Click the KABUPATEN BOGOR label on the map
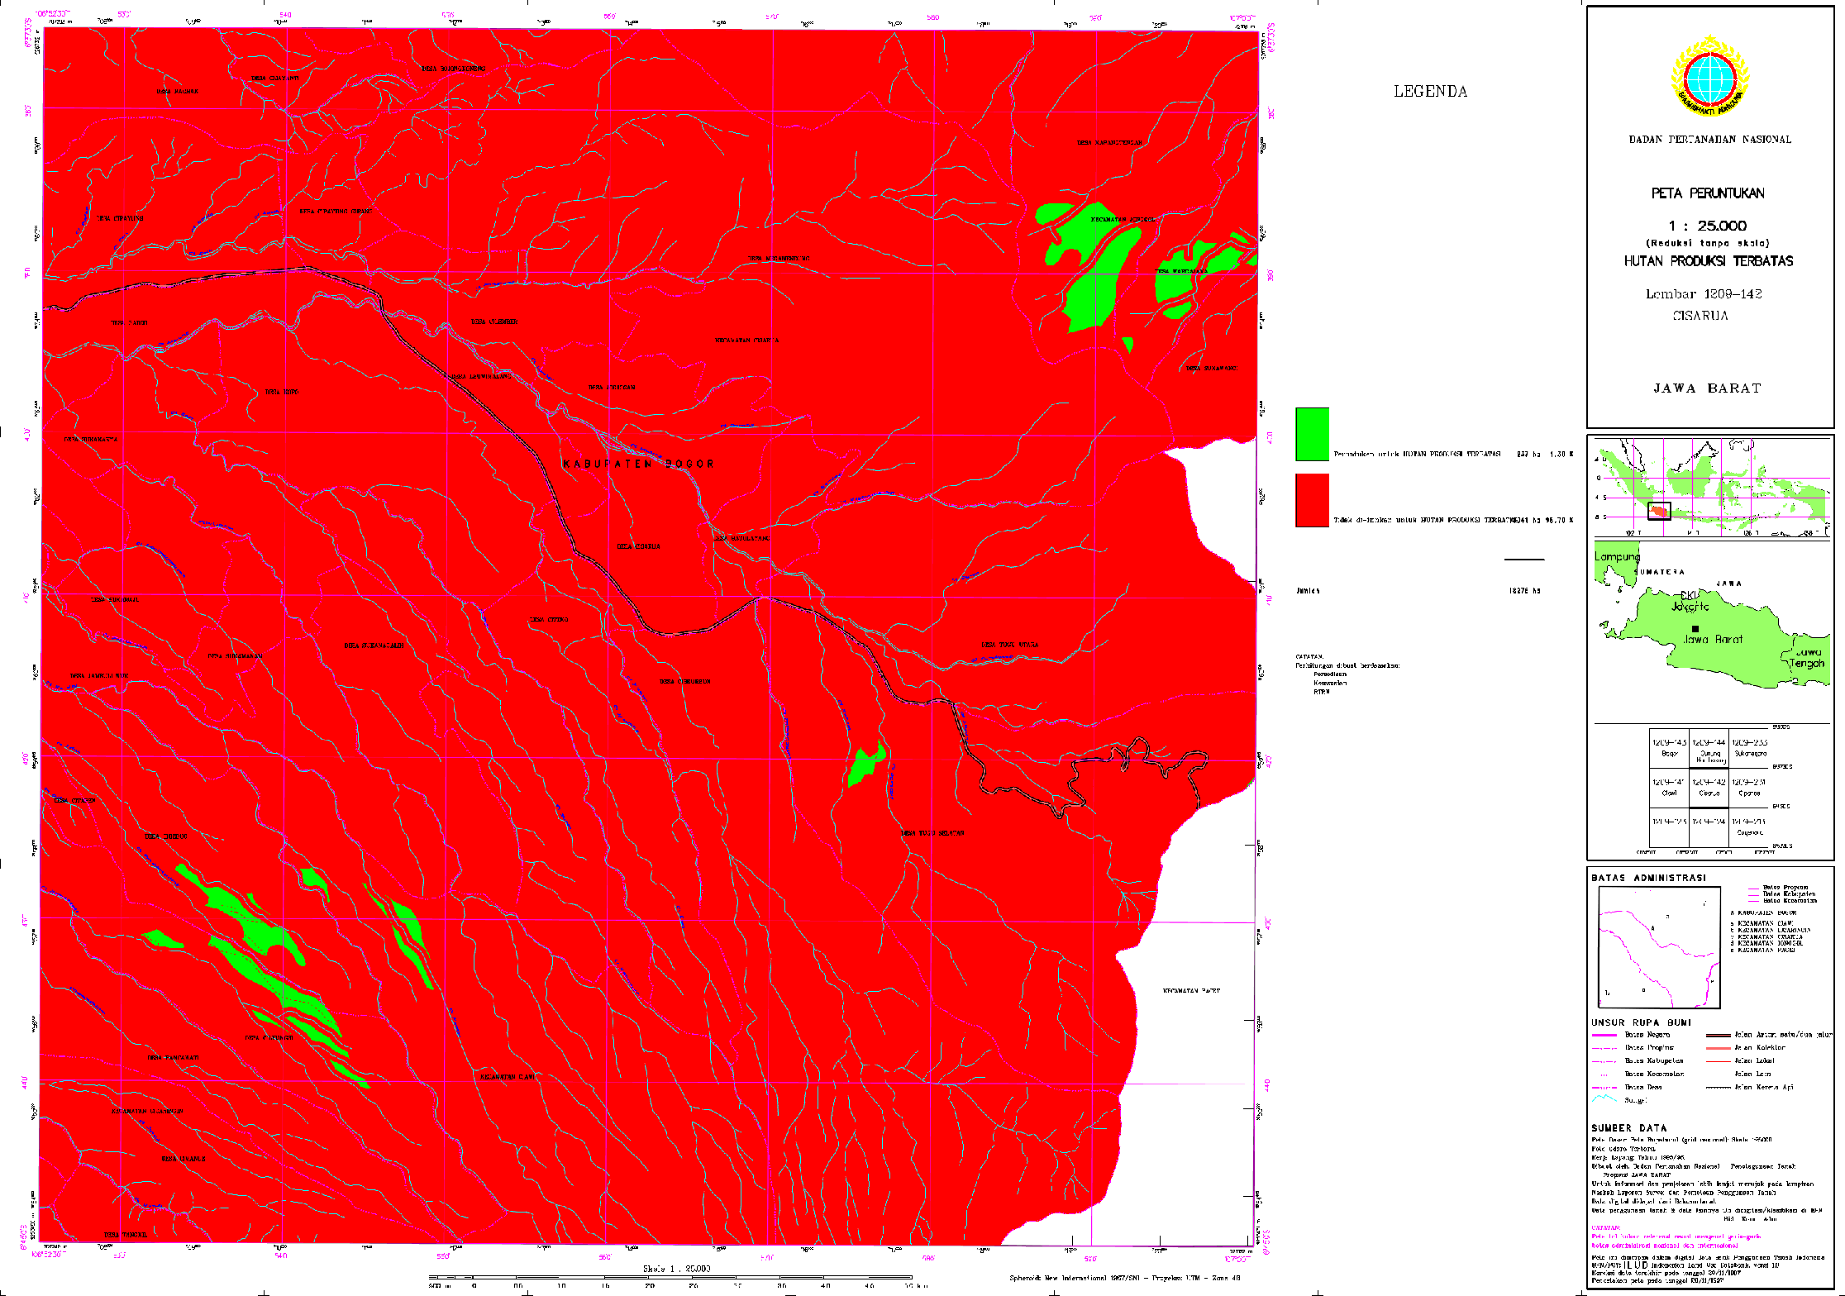pyautogui.click(x=638, y=465)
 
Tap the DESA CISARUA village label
pyautogui.click(x=639, y=546)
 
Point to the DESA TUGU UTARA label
pyautogui.click(x=1009, y=645)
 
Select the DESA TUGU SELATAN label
pyautogui.click(x=932, y=833)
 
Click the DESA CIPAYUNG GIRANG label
pyautogui.click(x=335, y=212)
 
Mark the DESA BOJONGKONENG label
pyautogui.click(x=454, y=69)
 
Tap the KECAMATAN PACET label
pyautogui.click(x=1191, y=990)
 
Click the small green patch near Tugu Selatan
pyautogui.click(x=866, y=765)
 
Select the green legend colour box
pyautogui.click(x=1312, y=434)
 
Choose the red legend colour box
pyautogui.click(x=1312, y=500)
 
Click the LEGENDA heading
pyautogui.click(x=1430, y=92)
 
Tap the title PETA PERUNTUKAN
pyautogui.click(x=1708, y=193)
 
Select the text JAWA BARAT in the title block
pyautogui.click(x=1707, y=388)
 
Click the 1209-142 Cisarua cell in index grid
pyautogui.click(x=1709, y=787)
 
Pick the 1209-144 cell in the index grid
pyautogui.click(x=1709, y=748)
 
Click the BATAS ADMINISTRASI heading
pyautogui.click(x=1648, y=878)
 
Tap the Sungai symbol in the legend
pyautogui.click(x=1604, y=1100)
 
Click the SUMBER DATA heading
pyautogui.click(x=1628, y=1128)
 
